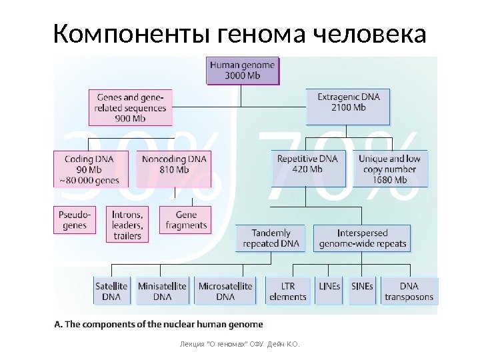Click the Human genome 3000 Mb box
[243, 70]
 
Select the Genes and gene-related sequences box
[130, 107]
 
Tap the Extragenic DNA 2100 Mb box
[348, 107]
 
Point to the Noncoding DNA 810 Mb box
[175, 169]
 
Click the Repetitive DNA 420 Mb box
[308, 169]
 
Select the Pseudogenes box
[75, 220]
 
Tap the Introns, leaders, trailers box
[127, 225]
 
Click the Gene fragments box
[186, 220]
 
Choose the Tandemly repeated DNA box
[271, 238]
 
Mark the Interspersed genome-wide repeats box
[363, 238]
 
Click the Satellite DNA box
[112, 291]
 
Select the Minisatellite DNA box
[162, 291]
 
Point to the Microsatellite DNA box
[225, 291]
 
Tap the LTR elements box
[288, 291]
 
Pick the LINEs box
[330, 291]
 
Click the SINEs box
[363, 291]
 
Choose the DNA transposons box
[409, 291]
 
